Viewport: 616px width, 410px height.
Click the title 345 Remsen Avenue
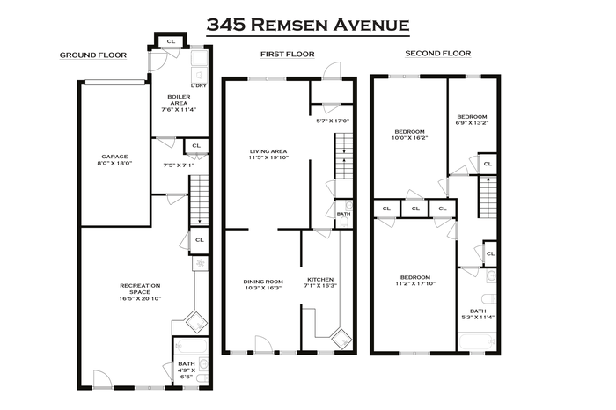click(308, 25)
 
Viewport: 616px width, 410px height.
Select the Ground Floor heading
click(93, 55)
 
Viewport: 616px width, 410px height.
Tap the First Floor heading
click(288, 55)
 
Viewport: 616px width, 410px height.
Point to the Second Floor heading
click(438, 54)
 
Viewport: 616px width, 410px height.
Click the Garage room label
click(114, 160)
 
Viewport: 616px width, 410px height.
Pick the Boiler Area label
click(179, 103)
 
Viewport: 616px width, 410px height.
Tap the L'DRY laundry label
click(198, 85)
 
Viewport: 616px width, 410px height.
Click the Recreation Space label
click(140, 292)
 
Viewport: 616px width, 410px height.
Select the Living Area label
click(268, 154)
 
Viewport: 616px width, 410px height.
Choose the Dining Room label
click(263, 285)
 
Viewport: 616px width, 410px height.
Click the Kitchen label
click(320, 282)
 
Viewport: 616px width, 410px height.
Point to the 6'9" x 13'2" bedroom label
click(472, 120)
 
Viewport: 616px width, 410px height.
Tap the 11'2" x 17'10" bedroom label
click(415, 280)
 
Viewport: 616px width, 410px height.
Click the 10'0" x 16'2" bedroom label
click(410, 135)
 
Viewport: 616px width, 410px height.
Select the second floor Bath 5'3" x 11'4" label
click(478, 314)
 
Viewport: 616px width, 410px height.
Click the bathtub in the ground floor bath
click(191, 347)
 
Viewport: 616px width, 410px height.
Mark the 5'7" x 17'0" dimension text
click(333, 121)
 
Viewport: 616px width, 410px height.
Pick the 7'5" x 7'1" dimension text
click(179, 165)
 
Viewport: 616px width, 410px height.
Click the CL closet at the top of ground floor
click(171, 41)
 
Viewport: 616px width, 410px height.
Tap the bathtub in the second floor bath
click(477, 341)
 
